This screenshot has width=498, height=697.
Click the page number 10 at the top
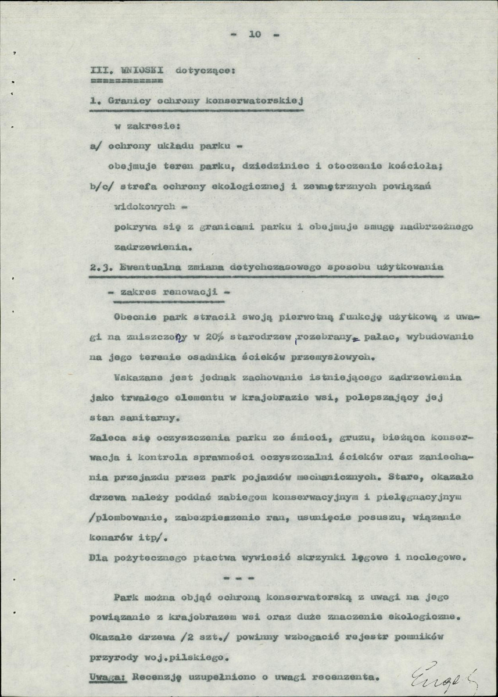pyautogui.click(x=255, y=34)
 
